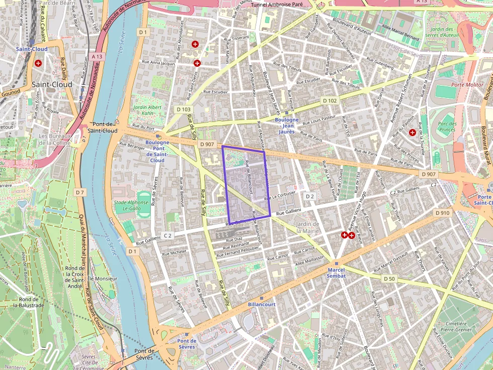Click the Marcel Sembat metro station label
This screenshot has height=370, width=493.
(x=336, y=273)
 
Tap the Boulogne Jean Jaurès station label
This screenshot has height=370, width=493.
(x=286, y=122)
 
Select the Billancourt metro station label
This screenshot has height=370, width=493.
(x=262, y=305)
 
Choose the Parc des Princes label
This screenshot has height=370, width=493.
(x=447, y=127)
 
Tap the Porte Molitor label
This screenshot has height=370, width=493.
(x=467, y=85)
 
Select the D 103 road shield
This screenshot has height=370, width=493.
(x=184, y=109)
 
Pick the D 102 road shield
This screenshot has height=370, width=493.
(x=330, y=100)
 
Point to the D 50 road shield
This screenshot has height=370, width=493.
(x=389, y=279)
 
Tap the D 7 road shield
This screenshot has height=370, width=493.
(x=79, y=192)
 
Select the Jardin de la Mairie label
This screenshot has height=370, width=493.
(x=308, y=227)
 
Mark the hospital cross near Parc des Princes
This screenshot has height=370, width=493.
(x=413, y=133)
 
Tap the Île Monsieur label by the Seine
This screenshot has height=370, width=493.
(x=103, y=278)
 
